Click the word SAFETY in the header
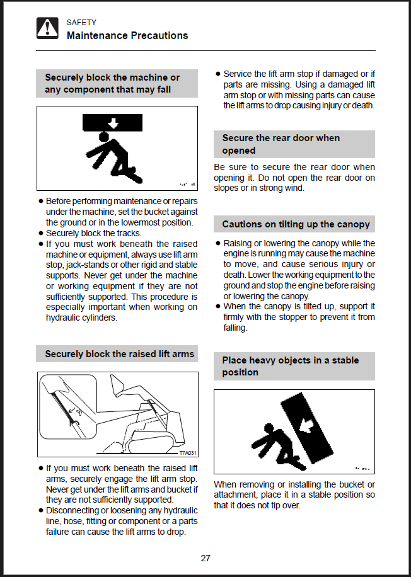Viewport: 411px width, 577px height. click(81, 23)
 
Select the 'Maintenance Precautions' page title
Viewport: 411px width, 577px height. click(127, 36)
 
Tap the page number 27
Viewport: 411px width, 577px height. click(205, 558)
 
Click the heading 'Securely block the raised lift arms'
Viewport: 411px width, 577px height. click(119, 354)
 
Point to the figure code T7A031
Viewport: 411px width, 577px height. click(188, 453)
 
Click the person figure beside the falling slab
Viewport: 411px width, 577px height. click(272, 445)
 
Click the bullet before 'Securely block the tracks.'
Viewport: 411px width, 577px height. click(41, 233)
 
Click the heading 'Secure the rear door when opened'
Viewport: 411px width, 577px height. click(281, 144)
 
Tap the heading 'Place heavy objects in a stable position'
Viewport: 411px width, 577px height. click(290, 366)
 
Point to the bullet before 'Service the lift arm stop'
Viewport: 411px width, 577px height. click(218, 74)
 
